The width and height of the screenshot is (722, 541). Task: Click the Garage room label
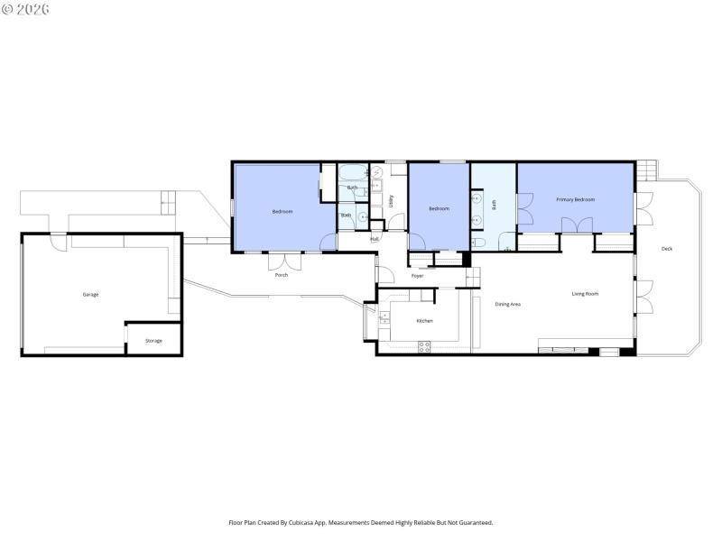90,295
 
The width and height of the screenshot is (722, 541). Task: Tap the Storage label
153,341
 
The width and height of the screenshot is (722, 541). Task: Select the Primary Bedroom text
575,199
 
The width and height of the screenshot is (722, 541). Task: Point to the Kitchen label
424,322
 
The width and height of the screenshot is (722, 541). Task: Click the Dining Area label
507,304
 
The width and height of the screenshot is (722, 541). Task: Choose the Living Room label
585,294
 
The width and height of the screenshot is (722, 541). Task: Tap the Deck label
666,249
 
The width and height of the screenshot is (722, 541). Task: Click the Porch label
282,275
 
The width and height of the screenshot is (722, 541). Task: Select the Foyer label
417,276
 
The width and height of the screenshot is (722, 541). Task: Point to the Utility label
391,201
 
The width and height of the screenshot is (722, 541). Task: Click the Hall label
374,239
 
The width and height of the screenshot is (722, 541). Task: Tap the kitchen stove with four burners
424,346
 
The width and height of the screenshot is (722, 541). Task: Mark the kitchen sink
383,316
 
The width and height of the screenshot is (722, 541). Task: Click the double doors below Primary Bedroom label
575,242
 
